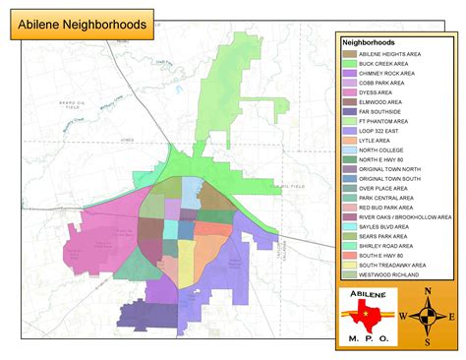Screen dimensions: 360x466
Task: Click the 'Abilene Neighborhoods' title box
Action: coord(83,23)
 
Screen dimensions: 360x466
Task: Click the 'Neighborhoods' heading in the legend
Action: coord(368,43)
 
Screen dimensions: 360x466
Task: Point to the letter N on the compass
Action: coord(426,291)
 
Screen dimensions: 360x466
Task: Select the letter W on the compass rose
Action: coord(401,316)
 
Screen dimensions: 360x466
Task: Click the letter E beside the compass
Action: coord(451,317)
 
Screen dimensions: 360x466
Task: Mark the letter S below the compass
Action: coord(427,341)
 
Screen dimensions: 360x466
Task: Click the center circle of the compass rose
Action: coord(427,316)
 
